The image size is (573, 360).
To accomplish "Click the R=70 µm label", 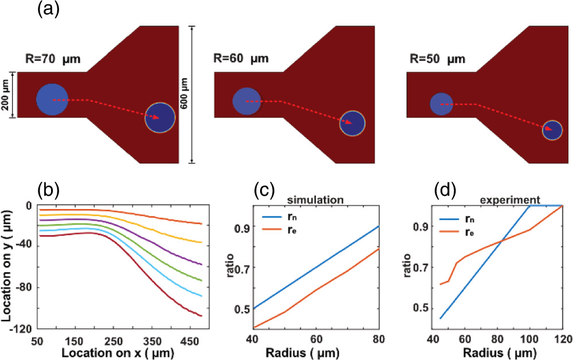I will pyautogui.click(x=57, y=59).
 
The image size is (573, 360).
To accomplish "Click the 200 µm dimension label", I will pyautogui.click(x=6, y=95).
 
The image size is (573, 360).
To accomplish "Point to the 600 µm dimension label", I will pyautogui.click(x=187, y=95).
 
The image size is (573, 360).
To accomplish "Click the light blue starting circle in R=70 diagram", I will pyautogui.click(x=53, y=99).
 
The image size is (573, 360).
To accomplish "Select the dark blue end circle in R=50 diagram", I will pyautogui.click(x=552, y=130).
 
